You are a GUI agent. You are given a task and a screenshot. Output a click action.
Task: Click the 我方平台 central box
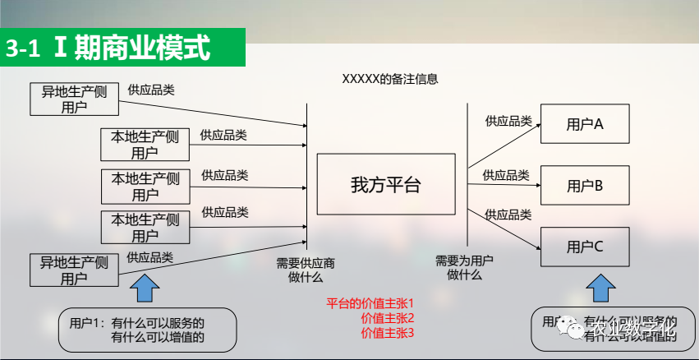(385, 185)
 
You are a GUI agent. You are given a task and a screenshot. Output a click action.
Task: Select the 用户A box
(585, 124)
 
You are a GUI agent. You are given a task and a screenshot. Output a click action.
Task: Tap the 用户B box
(585, 186)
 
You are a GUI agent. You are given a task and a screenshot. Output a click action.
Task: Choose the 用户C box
(585, 246)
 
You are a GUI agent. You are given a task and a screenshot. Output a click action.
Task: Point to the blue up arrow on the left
(146, 290)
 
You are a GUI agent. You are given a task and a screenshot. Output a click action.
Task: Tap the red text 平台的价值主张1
(370, 302)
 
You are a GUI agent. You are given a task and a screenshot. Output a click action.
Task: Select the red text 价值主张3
(388, 333)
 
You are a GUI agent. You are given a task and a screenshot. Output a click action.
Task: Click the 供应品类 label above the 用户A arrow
(508, 121)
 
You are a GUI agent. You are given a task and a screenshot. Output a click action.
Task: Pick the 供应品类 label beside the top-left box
(151, 90)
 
